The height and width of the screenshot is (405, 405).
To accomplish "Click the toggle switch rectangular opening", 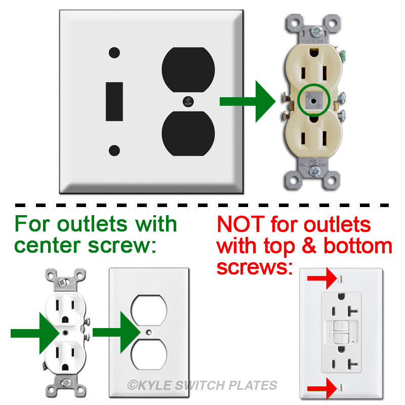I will pyautogui.click(x=114, y=101).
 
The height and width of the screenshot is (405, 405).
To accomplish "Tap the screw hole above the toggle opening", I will pyautogui.click(x=114, y=52).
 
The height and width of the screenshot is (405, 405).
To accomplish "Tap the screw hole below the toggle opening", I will pyautogui.click(x=114, y=150).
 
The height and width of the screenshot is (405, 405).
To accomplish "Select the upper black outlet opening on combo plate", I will pyautogui.click(x=188, y=70).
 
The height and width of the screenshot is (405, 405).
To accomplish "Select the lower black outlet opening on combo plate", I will pyautogui.click(x=188, y=133).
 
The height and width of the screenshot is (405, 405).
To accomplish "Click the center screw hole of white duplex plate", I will pyautogui.click(x=148, y=332).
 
